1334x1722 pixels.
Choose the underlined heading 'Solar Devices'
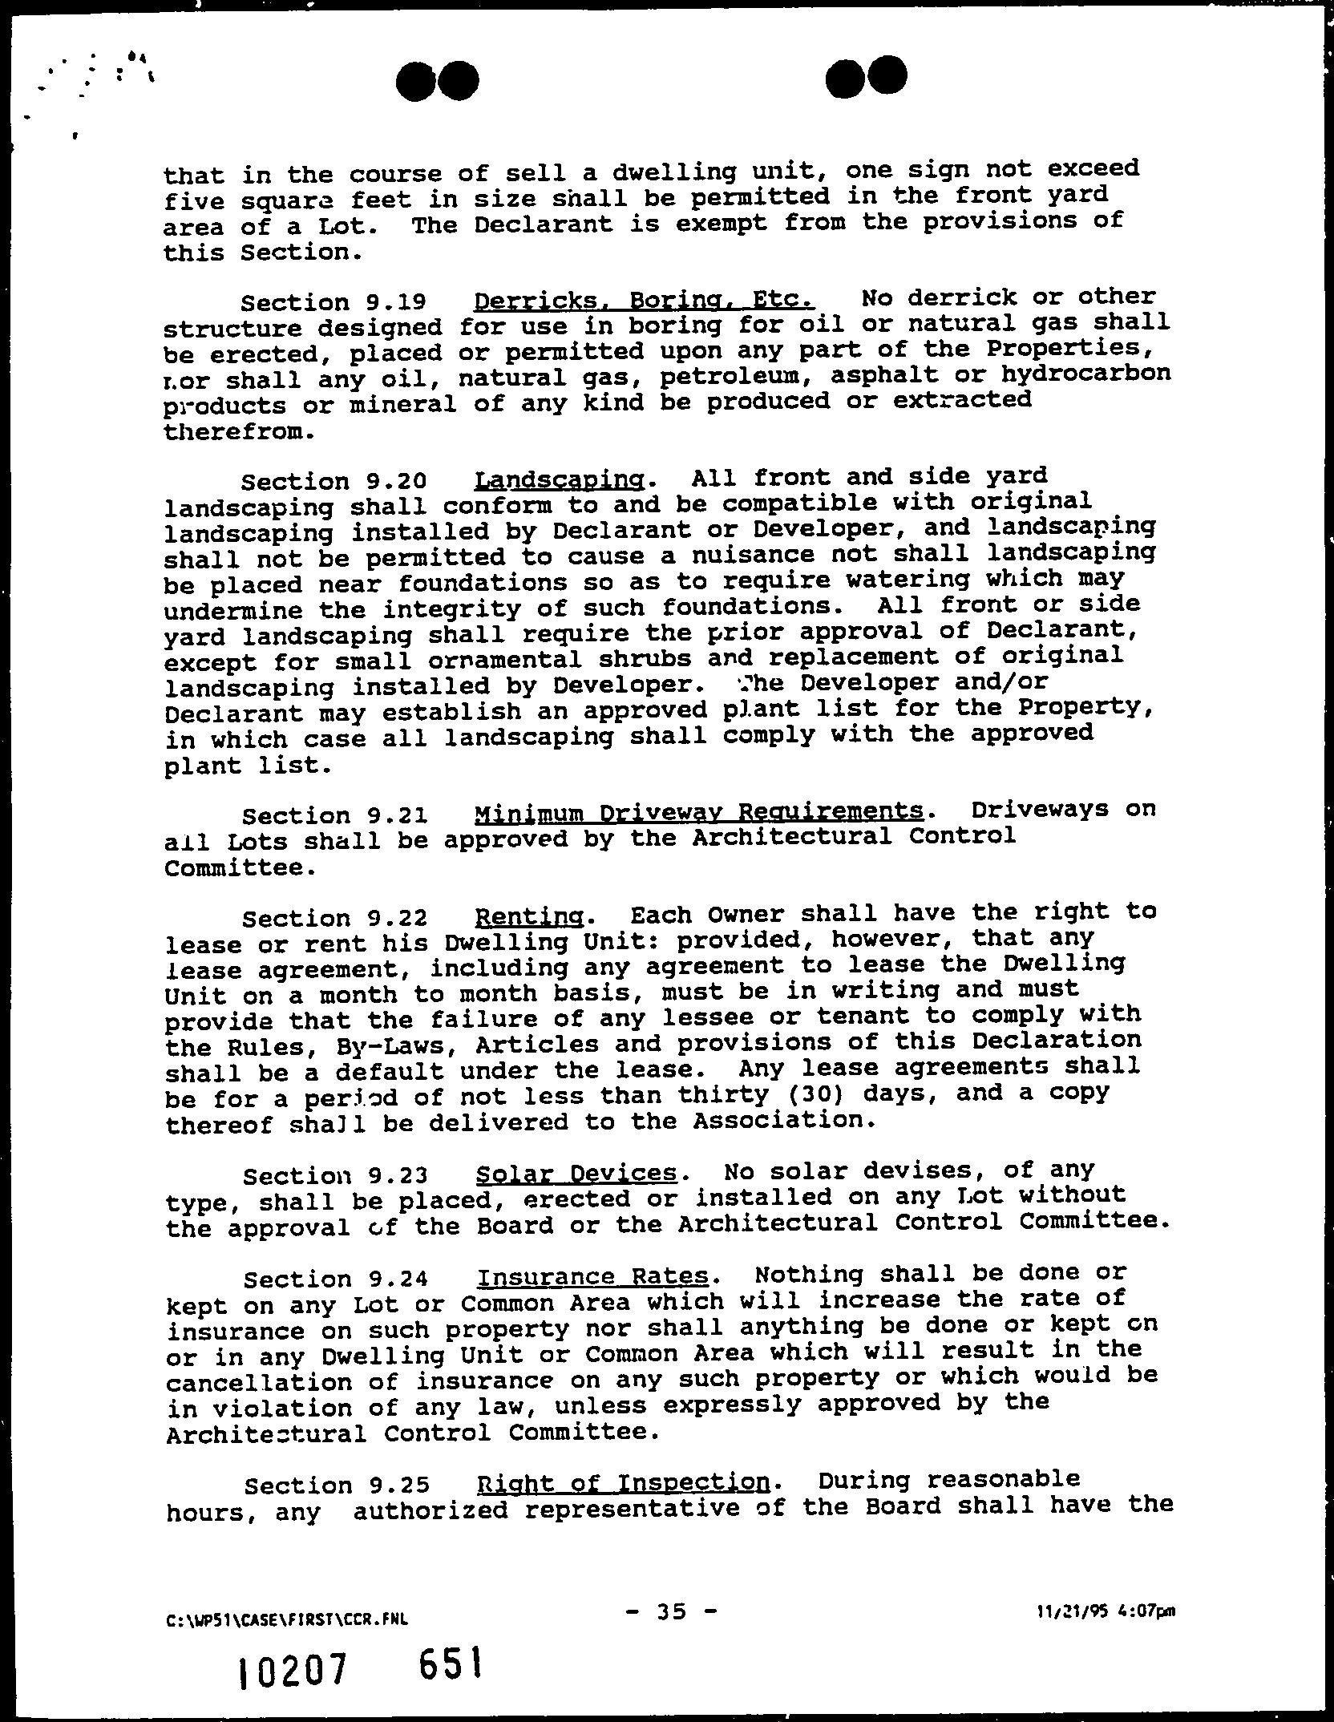576,1174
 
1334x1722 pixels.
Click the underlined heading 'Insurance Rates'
592,1276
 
